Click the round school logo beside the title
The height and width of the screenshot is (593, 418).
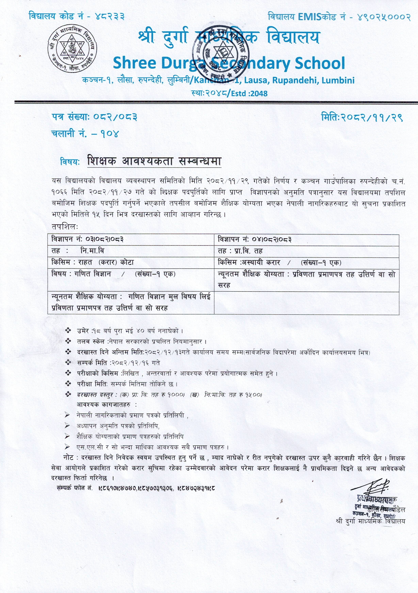(72, 49)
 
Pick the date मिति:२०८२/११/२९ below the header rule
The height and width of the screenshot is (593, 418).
(362, 117)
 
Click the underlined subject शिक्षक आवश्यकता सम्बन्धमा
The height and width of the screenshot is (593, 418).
(154, 161)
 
